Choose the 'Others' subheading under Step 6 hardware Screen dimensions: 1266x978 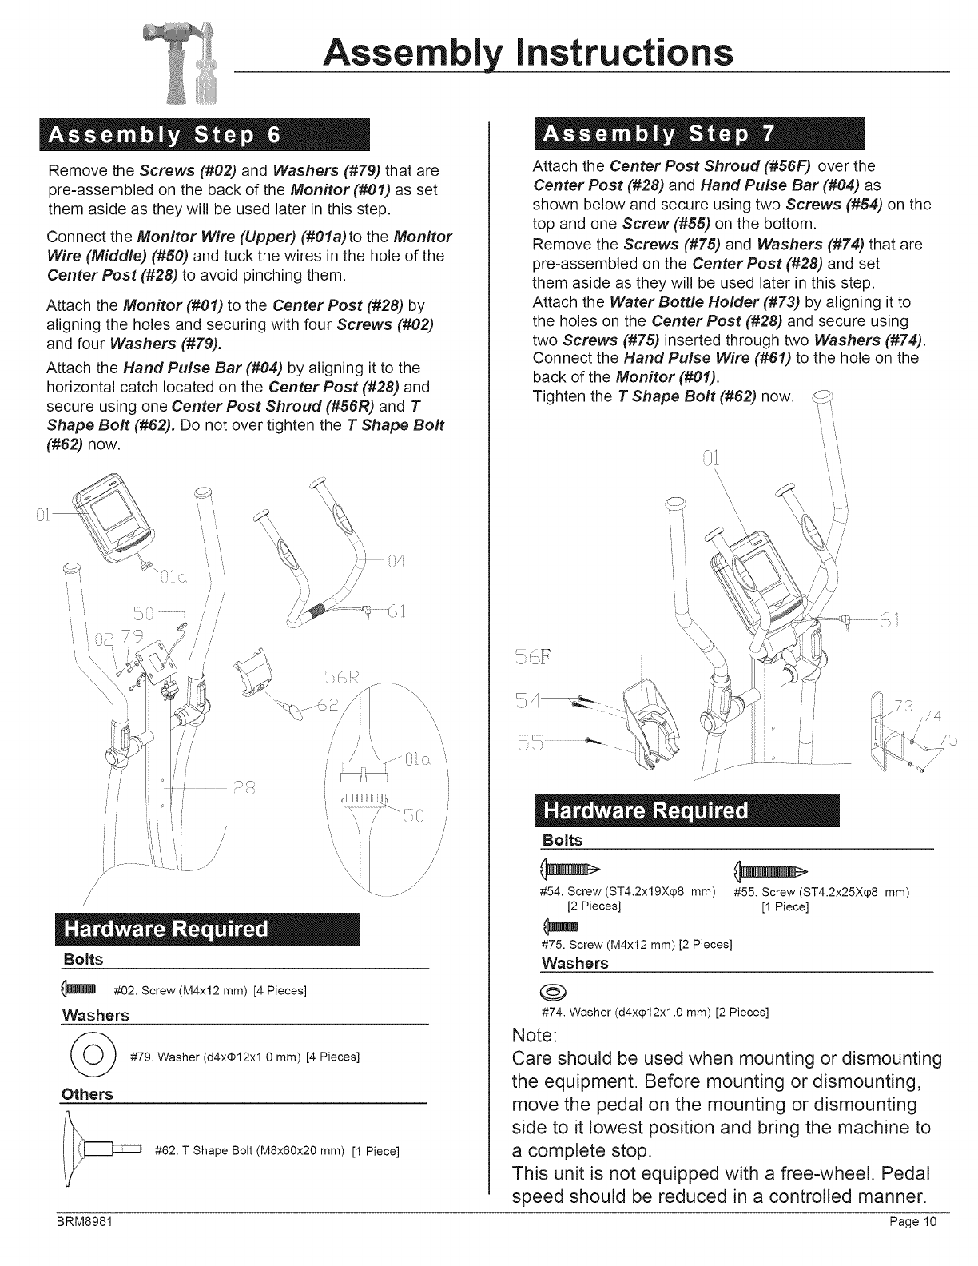click(x=87, y=1094)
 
